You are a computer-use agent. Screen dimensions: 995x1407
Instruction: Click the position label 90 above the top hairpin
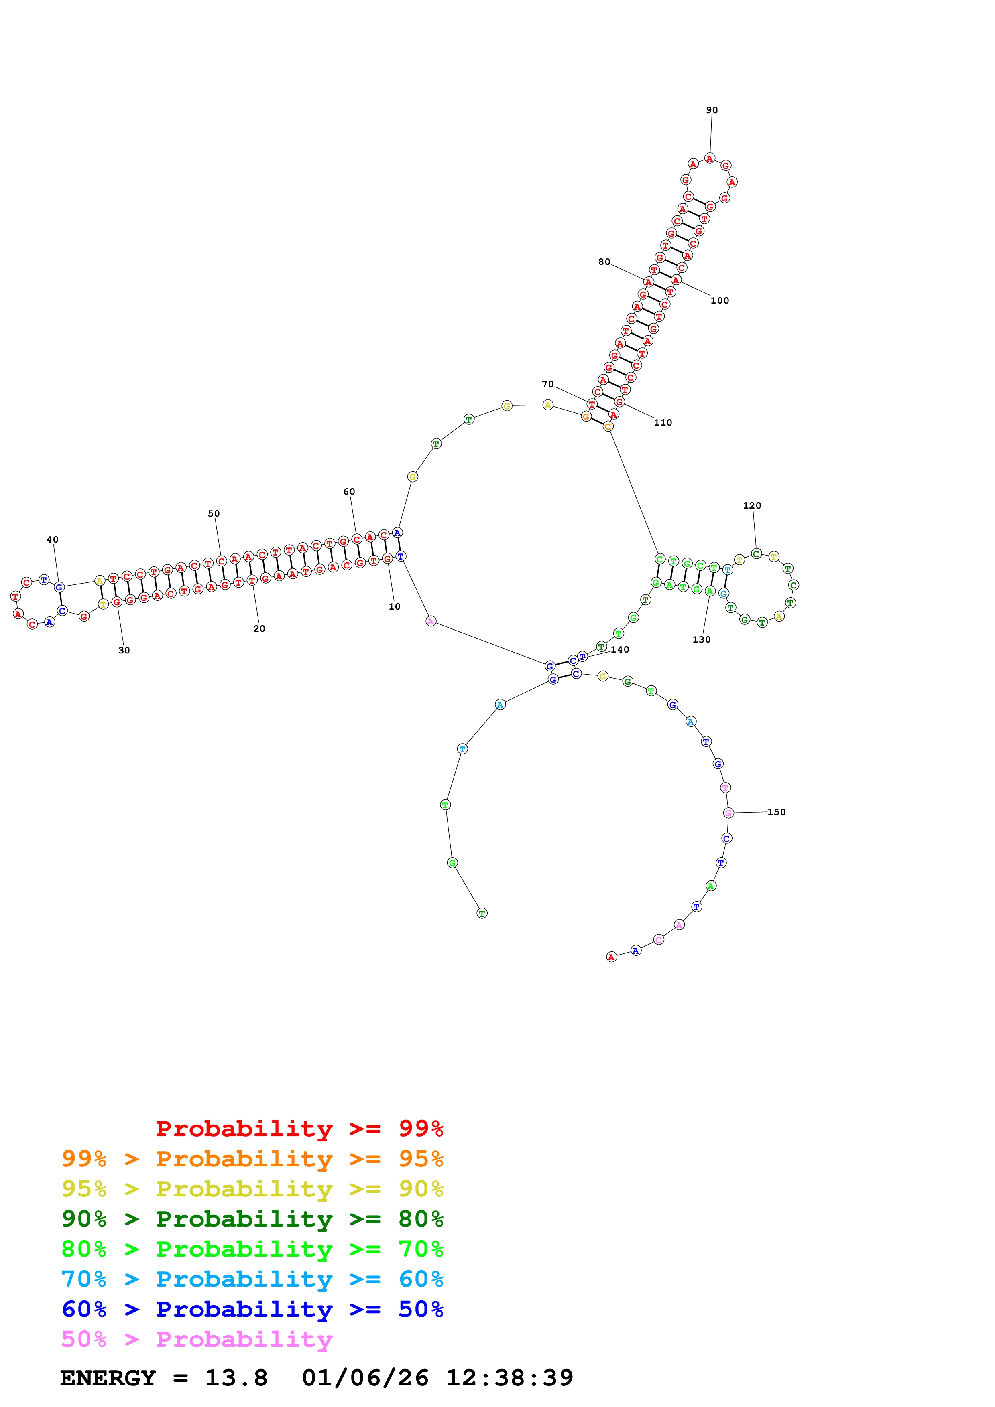tap(711, 110)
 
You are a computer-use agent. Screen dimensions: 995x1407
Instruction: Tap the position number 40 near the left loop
tap(53, 540)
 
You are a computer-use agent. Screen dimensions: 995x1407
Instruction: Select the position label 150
tap(776, 812)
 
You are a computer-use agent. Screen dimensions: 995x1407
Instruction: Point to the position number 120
tap(752, 505)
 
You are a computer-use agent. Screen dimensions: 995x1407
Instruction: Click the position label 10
tap(394, 607)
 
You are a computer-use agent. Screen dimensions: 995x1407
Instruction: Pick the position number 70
tap(547, 384)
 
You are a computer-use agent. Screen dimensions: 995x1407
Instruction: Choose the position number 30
tap(124, 651)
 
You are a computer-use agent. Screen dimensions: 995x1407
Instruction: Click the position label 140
tap(620, 650)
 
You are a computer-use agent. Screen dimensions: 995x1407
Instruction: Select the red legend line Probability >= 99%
tap(299, 1129)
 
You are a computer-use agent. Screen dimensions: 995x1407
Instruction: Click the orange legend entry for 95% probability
tap(252, 1159)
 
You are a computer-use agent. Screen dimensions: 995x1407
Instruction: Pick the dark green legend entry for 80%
tap(252, 1219)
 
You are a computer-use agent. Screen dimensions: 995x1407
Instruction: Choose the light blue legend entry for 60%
tap(252, 1279)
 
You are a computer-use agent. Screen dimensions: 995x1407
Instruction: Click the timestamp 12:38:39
tap(509, 1378)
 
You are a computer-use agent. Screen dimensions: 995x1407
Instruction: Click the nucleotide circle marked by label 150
tap(728, 813)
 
